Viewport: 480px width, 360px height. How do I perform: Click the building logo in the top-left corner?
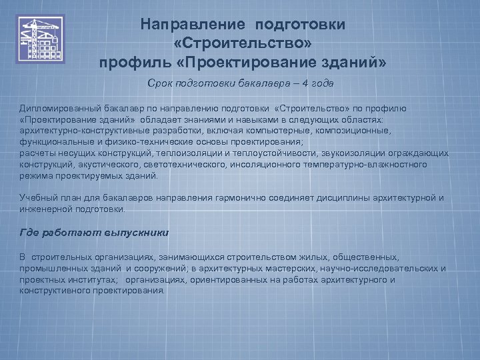pos(41,39)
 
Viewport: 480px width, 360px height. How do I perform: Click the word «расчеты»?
pos(37,153)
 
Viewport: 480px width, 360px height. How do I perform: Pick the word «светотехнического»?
pos(193,165)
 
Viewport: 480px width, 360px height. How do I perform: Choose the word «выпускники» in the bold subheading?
pos(137,233)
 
